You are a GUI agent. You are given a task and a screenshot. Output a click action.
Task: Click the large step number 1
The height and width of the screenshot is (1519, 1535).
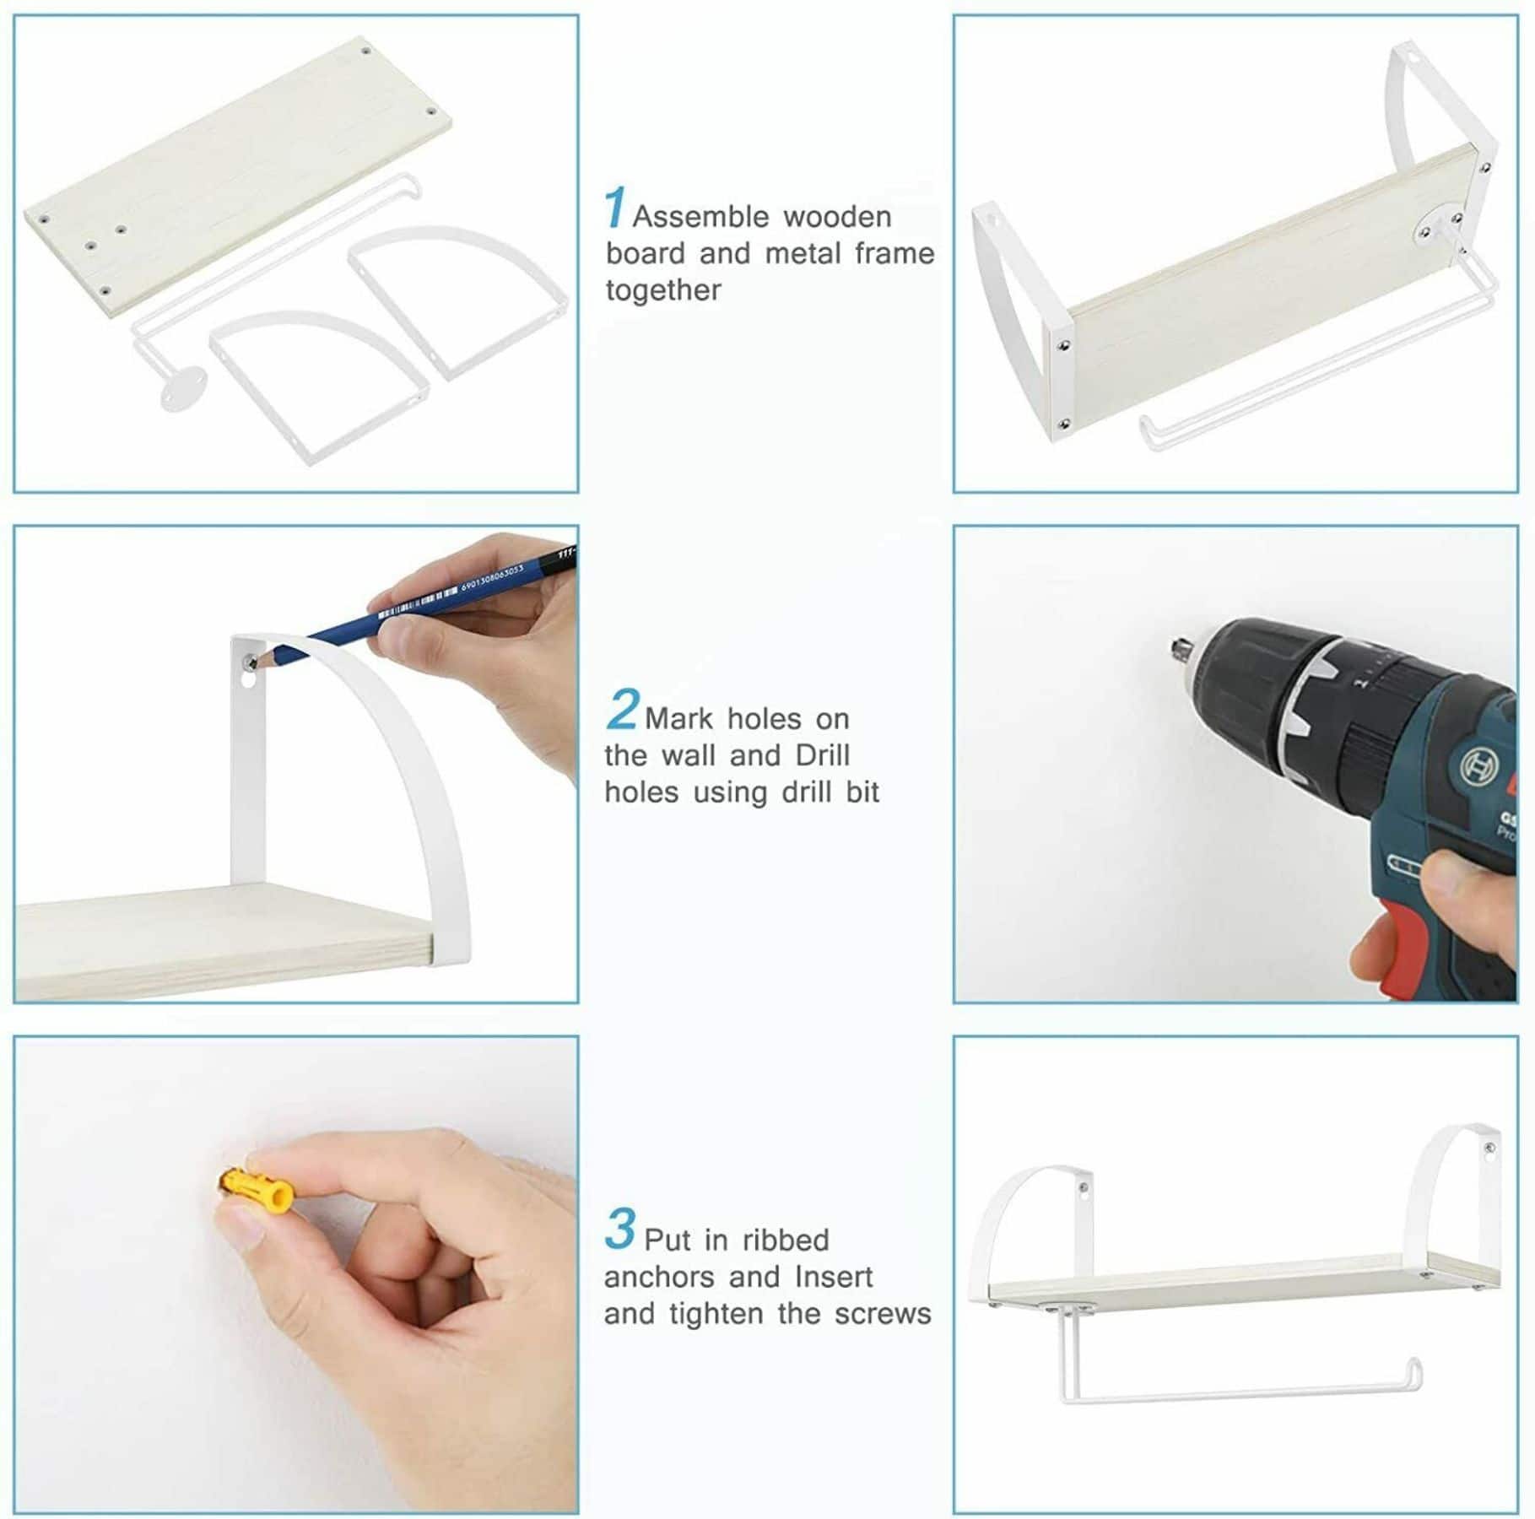click(615, 208)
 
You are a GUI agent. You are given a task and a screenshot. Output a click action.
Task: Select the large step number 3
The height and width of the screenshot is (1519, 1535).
click(620, 1230)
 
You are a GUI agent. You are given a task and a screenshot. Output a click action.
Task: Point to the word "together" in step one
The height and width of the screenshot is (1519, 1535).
click(663, 290)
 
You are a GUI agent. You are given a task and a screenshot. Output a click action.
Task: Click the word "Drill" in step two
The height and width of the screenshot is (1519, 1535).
click(822, 754)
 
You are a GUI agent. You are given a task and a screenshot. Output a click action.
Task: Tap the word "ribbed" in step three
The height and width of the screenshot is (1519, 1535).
click(786, 1241)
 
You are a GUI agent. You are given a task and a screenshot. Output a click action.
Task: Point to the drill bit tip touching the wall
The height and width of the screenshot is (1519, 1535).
click(1173, 646)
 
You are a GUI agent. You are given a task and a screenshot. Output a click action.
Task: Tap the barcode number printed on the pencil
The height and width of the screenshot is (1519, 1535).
click(492, 577)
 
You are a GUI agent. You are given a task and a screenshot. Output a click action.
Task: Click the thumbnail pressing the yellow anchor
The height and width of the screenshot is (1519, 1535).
click(241, 1224)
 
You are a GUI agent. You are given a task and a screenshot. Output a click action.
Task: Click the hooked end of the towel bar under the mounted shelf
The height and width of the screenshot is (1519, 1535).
click(1417, 1376)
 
